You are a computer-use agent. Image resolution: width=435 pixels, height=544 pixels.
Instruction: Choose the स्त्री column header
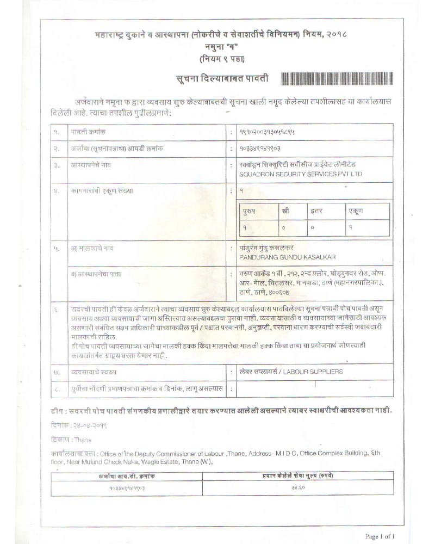click(285, 210)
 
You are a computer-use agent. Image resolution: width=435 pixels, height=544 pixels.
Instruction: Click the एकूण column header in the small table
click(356, 210)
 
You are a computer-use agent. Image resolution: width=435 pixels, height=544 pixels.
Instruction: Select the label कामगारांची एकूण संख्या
click(101, 191)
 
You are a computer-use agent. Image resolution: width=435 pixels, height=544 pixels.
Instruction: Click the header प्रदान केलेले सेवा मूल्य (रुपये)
click(293, 475)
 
